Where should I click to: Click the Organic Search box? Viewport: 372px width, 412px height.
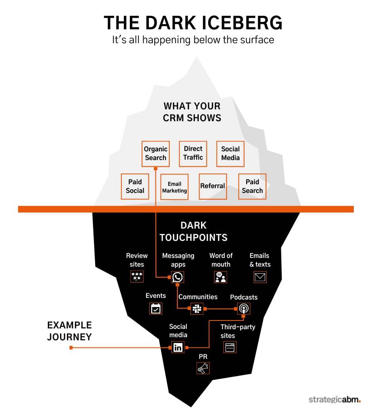pyautogui.click(x=156, y=154)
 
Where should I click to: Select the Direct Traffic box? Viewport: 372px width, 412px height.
pyautogui.click(x=193, y=154)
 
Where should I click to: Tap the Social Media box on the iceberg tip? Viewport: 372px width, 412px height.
pyautogui.click(x=230, y=154)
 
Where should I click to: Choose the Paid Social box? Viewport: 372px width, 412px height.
pyautogui.click(x=135, y=186)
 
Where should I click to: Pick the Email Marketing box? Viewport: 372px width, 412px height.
pyautogui.click(x=174, y=187)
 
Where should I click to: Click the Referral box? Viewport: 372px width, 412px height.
pyautogui.click(x=213, y=186)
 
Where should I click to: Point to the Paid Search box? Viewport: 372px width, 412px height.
pyautogui.click(x=252, y=186)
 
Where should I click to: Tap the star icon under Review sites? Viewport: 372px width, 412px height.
pyautogui.click(x=137, y=277)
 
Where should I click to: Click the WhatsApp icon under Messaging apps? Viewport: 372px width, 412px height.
pyautogui.click(x=177, y=277)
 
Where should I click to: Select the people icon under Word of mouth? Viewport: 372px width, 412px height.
pyautogui.click(x=220, y=277)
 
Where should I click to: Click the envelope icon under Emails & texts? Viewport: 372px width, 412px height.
pyautogui.click(x=260, y=277)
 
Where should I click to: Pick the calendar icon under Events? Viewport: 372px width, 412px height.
pyautogui.click(x=156, y=309)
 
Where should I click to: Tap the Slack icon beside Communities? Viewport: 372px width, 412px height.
pyautogui.click(x=197, y=309)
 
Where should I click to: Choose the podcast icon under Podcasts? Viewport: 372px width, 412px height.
pyautogui.click(x=244, y=309)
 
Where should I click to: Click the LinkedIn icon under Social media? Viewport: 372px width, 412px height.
pyautogui.click(x=178, y=347)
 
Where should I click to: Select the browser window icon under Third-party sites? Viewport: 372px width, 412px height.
pyautogui.click(x=230, y=347)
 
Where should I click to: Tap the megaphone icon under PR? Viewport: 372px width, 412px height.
pyautogui.click(x=203, y=368)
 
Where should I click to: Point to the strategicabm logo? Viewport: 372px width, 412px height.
pyautogui.click(x=334, y=399)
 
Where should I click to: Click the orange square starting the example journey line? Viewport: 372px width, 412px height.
pyautogui.click(x=71, y=348)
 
